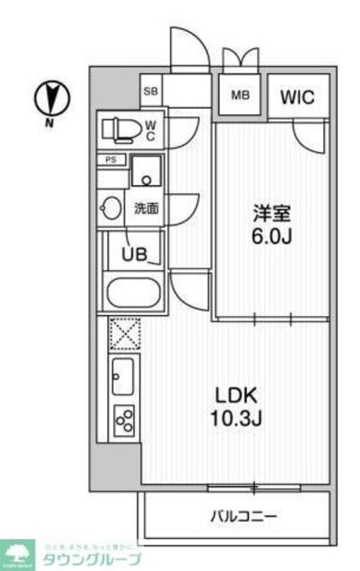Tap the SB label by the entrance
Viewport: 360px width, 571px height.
coord(151,92)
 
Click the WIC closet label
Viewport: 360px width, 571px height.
coord(298,97)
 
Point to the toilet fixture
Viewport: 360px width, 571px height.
coord(120,128)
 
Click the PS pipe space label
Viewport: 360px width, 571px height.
coord(110,160)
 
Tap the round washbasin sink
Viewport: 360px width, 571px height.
coord(112,209)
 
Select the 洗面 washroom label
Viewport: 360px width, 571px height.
coord(146,209)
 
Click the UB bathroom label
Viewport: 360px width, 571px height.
coord(135,254)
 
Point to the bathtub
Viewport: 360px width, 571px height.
coord(133,293)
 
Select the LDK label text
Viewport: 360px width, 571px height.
coord(236,396)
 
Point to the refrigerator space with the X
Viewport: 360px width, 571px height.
coord(124,333)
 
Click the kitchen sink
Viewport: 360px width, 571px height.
coord(122,375)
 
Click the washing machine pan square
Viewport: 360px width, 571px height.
coord(146,170)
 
